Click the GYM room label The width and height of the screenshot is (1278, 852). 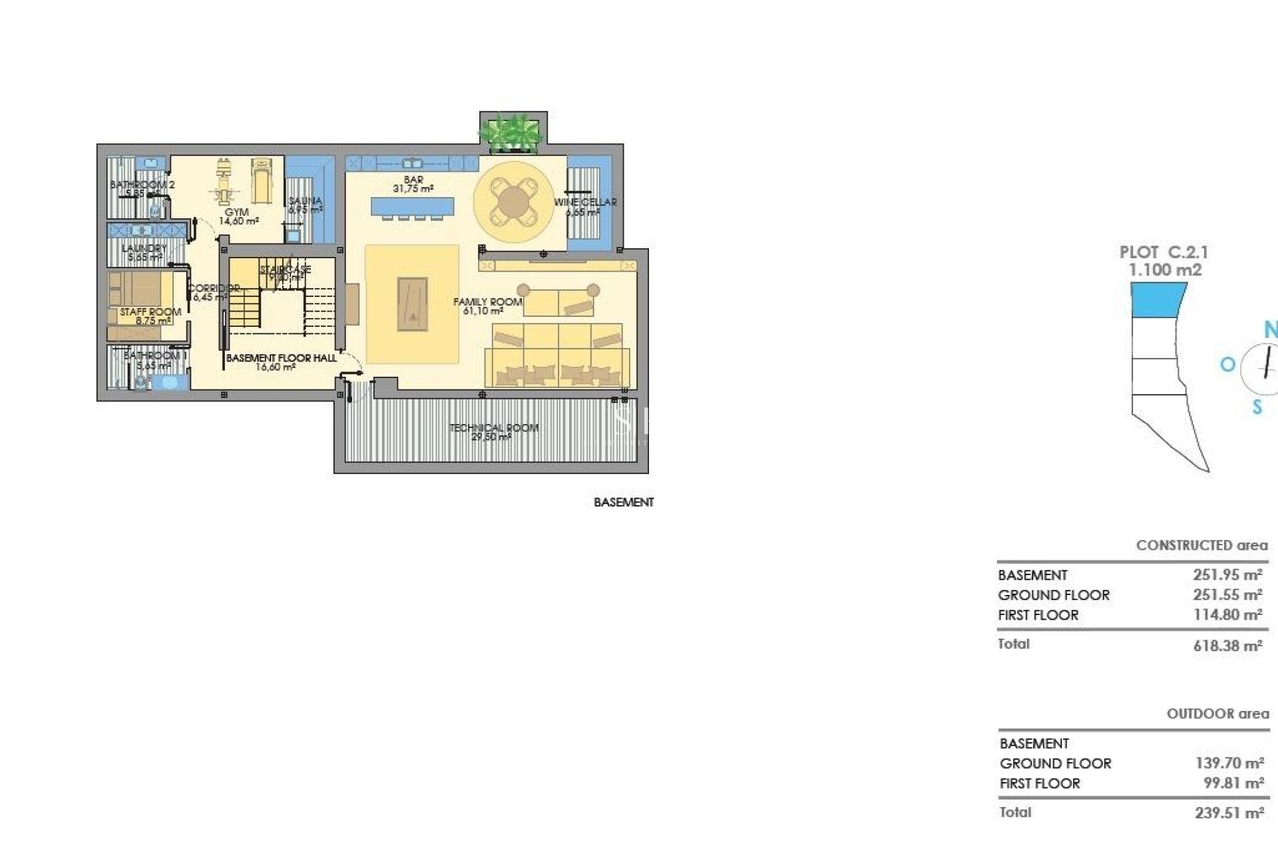236,212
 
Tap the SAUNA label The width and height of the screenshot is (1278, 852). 306,200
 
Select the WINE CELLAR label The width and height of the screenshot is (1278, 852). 585,202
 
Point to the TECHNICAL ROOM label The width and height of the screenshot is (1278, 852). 493,428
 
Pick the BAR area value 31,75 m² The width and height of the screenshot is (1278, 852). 413,189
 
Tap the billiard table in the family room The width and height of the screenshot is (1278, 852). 412,304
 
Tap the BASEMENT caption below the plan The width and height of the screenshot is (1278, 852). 624,503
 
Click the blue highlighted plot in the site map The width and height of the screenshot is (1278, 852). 1158,299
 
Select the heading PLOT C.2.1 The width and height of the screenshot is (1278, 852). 1164,252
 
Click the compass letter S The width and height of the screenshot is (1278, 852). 1257,407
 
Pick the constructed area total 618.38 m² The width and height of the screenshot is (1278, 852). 1227,646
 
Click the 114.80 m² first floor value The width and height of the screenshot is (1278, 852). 1227,615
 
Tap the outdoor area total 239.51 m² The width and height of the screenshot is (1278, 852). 1229,813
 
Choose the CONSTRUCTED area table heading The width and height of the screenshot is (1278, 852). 1201,545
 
